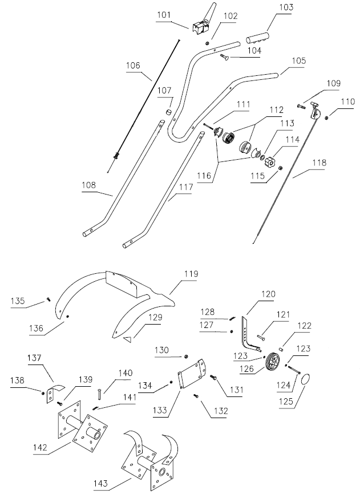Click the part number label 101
coord(164,15)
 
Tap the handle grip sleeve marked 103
coord(259,38)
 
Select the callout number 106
coord(133,66)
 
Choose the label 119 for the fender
coord(190,274)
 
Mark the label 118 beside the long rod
coord(319,163)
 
